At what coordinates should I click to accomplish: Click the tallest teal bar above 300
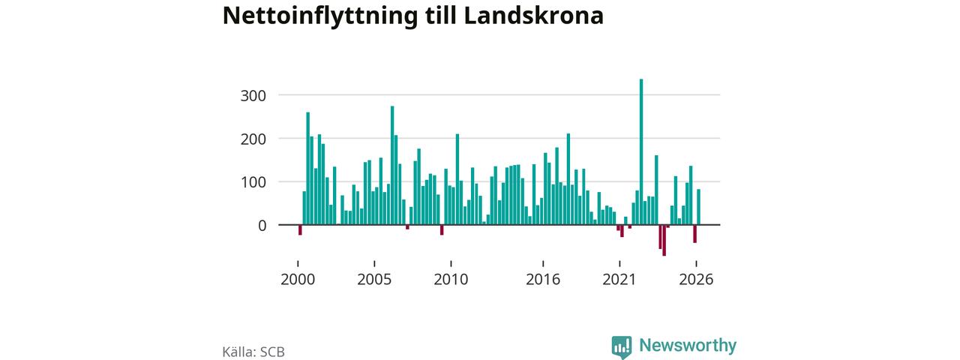pyautogui.click(x=641, y=151)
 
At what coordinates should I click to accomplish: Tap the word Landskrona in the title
pyautogui.click(x=533, y=16)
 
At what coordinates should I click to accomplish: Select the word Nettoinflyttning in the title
pyautogui.click(x=320, y=16)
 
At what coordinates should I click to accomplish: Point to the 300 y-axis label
pyautogui.click(x=253, y=95)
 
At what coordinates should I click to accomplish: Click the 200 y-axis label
pyautogui.click(x=253, y=139)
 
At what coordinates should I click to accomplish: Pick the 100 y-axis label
pyautogui.click(x=253, y=182)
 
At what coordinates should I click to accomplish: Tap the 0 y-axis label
pyautogui.click(x=262, y=226)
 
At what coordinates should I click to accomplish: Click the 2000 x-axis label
pyautogui.click(x=298, y=280)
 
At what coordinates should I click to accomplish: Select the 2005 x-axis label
pyautogui.click(x=374, y=280)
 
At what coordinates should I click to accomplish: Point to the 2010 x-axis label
pyautogui.click(x=451, y=280)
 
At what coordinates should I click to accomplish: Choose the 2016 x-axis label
pyautogui.click(x=543, y=280)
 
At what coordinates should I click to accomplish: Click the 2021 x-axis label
pyautogui.click(x=619, y=280)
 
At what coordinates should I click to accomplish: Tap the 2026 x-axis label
pyautogui.click(x=696, y=280)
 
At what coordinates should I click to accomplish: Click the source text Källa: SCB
pyautogui.click(x=253, y=352)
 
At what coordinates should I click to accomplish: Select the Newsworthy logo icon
pyautogui.click(x=622, y=346)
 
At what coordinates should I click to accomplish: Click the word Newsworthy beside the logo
pyautogui.click(x=688, y=346)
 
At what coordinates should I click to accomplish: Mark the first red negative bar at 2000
pyautogui.click(x=300, y=229)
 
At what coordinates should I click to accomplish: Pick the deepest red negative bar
pyautogui.click(x=664, y=240)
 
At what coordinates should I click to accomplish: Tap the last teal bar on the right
pyautogui.click(x=698, y=207)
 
